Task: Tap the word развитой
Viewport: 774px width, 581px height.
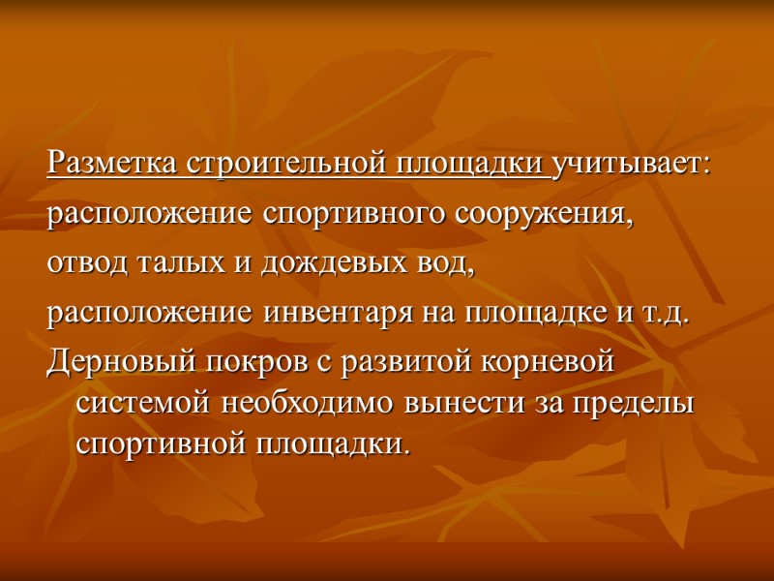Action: (377, 364)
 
